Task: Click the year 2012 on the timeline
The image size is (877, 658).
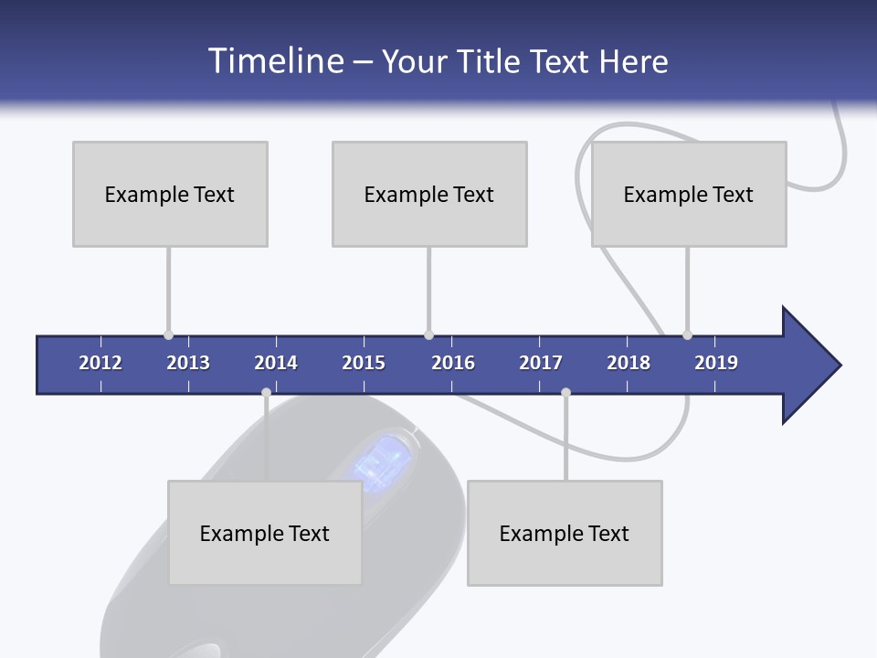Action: [100, 363]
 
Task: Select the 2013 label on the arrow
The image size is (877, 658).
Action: [188, 363]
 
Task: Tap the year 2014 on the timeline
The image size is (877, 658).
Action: [276, 363]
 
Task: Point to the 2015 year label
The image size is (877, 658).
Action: [364, 363]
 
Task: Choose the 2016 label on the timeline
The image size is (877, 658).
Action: [453, 363]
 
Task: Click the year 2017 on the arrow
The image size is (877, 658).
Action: [541, 363]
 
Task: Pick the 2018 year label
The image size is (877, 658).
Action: [629, 363]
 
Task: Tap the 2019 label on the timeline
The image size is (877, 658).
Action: [716, 363]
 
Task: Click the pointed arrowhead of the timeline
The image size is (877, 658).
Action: [813, 366]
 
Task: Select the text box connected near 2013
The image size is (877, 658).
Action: [170, 194]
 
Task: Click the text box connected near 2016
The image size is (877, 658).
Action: [429, 194]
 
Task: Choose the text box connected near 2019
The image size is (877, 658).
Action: [689, 194]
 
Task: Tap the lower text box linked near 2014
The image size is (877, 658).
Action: [265, 533]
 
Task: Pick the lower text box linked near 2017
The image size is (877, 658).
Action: [565, 533]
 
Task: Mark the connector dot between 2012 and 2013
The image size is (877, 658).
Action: [168, 335]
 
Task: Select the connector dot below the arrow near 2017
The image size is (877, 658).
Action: [565, 392]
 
